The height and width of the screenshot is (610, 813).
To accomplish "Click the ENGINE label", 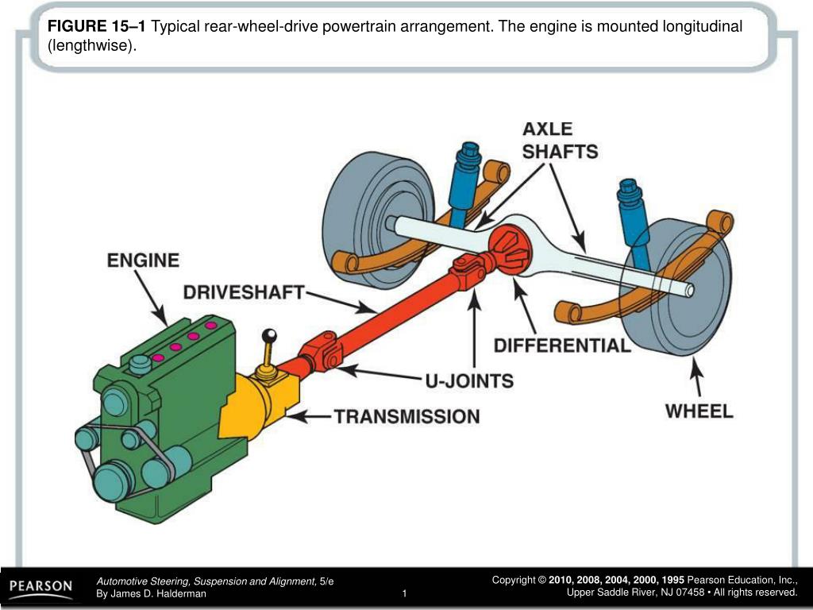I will point(143,261).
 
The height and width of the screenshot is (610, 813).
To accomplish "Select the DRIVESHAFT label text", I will point(244,292).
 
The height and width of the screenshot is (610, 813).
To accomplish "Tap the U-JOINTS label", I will point(468,380).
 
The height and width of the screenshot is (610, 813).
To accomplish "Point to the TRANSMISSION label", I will point(406,415).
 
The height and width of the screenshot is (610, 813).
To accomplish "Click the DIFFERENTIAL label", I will point(562,346).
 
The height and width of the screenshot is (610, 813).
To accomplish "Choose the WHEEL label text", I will point(699,411).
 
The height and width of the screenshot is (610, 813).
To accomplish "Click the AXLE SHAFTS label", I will point(560,140).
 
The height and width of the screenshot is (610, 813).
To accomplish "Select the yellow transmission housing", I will point(258,401).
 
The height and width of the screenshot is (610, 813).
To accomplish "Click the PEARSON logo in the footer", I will point(40,588).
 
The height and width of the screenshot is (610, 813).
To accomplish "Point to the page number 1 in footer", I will point(404,594).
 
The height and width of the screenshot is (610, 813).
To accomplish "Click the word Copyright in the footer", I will point(514,581).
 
